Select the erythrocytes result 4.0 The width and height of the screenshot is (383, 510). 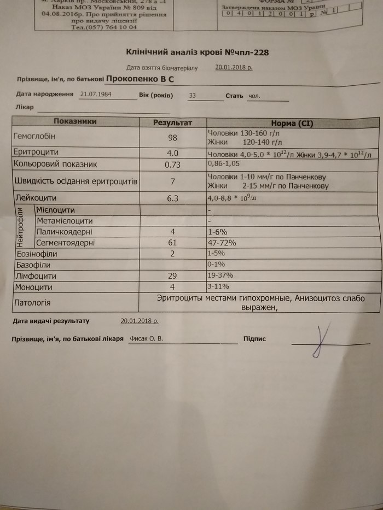[173, 154]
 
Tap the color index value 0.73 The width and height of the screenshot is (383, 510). [173, 164]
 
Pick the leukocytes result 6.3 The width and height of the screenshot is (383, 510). [173, 198]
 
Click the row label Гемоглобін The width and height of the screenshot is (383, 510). [34, 136]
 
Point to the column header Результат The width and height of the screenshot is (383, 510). [172, 123]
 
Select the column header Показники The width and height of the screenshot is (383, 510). [76, 122]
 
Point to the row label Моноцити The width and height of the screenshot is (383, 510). [33, 287]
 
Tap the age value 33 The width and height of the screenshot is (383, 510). [192, 95]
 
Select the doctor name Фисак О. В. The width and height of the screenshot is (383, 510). [146, 339]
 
